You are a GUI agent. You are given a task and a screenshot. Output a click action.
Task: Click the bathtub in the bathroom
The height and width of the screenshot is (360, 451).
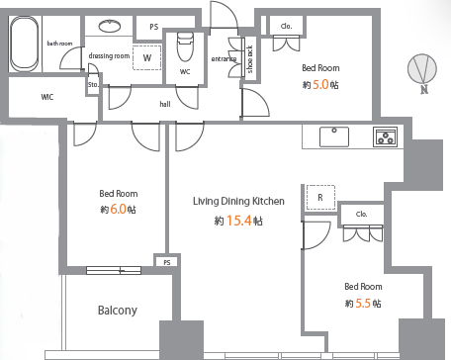[x=24, y=44]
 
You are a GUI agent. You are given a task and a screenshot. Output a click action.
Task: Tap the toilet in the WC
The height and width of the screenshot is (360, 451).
[x=185, y=46]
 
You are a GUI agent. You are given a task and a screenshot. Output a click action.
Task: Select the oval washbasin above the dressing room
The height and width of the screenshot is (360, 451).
[x=110, y=26]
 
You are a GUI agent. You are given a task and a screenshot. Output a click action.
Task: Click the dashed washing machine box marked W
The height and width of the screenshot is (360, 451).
[x=147, y=57]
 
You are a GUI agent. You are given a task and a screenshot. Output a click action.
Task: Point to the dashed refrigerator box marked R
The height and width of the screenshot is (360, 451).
[x=320, y=198]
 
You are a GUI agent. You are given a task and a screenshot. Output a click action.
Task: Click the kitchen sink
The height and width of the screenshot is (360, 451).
[x=334, y=136]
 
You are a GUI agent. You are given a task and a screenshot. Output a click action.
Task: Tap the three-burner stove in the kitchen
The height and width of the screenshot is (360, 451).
[x=385, y=136]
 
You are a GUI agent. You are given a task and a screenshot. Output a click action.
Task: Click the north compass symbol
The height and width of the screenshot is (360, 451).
[x=422, y=68]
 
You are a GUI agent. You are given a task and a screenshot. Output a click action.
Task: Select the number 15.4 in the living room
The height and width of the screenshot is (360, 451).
[x=239, y=221]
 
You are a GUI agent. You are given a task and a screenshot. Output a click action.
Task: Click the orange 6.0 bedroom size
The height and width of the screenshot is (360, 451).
[x=118, y=209]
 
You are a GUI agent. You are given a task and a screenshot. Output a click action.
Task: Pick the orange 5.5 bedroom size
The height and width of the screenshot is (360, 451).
[x=363, y=303]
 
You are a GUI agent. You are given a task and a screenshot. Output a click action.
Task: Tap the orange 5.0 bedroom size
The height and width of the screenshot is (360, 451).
[x=320, y=85]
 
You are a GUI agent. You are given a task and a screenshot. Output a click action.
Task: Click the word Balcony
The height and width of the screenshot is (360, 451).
[x=118, y=311]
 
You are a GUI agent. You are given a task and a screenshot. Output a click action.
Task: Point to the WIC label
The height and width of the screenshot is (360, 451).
[x=47, y=97]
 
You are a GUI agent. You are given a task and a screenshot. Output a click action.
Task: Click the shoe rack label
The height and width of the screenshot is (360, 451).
[x=250, y=59]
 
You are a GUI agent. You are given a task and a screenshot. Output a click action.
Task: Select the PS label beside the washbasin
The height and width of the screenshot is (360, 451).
[x=154, y=27]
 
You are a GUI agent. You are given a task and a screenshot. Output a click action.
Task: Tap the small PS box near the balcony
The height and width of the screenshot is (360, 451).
[x=167, y=262]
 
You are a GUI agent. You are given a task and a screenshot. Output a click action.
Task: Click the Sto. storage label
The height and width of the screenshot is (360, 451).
[x=93, y=84]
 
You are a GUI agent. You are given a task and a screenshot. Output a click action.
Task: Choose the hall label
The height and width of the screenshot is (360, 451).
[x=165, y=104]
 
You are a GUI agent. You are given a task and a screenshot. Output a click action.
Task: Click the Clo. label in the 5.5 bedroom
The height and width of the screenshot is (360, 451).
[x=362, y=214]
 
